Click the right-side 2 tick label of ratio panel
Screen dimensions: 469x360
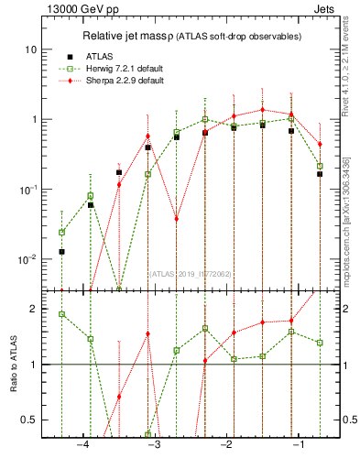pyautogui.click(x=346, y=309)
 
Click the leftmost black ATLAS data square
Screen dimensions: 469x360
pyautogui.click(x=61, y=251)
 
